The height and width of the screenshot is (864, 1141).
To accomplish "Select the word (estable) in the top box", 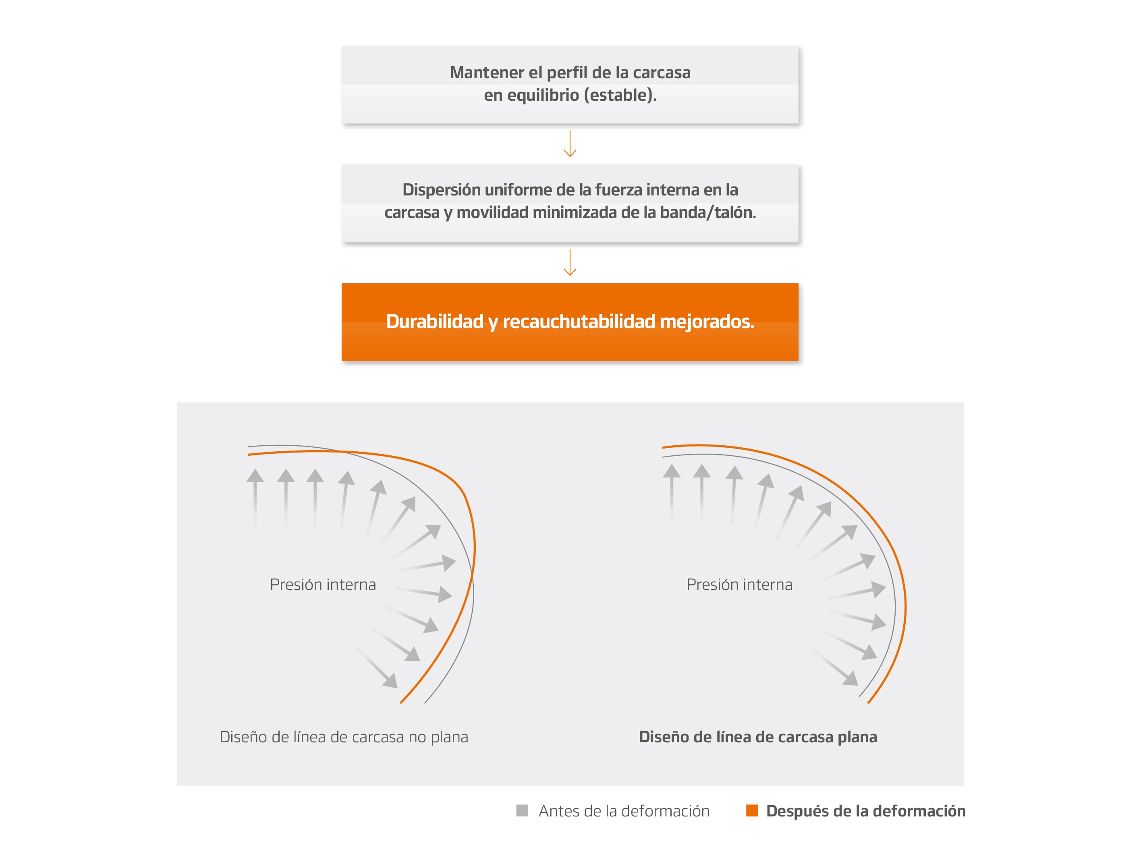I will click(x=620, y=96).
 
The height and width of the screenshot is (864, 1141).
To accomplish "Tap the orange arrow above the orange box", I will click(x=570, y=263).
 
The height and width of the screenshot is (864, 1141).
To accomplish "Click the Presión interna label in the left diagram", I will click(x=323, y=585).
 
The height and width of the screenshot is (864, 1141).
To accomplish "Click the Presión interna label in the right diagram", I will click(x=739, y=585).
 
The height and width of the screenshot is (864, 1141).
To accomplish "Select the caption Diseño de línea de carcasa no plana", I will click(x=344, y=737).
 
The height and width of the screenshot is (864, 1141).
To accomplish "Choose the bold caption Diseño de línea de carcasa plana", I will click(x=758, y=737).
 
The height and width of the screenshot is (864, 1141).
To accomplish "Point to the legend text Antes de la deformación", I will click(x=624, y=811).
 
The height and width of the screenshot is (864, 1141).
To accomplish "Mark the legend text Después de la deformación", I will click(x=865, y=811).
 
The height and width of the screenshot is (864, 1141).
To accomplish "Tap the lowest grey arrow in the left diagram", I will click(x=378, y=669).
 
